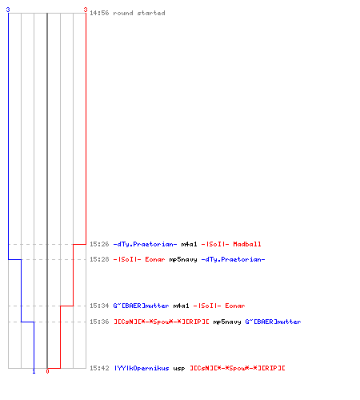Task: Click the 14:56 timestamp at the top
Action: (x=99, y=13)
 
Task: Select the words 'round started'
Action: (x=139, y=13)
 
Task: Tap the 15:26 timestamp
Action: (x=99, y=244)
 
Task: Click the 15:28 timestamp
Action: (x=99, y=259)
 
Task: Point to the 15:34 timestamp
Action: (x=99, y=306)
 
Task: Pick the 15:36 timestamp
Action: (x=99, y=322)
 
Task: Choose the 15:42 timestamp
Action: (x=99, y=368)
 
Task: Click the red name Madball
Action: (x=247, y=244)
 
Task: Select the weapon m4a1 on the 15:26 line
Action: (x=189, y=244)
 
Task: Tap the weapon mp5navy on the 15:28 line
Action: (x=183, y=259)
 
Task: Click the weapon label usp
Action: (x=179, y=369)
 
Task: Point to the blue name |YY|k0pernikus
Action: (x=142, y=368)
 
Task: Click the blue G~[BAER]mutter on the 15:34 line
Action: (x=141, y=306)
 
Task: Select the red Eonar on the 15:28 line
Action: (x=155, y=259)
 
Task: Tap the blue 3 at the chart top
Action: (x=8, y=10)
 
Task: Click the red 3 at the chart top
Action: (x=86, y=10)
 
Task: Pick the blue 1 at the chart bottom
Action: (x=34, y=371)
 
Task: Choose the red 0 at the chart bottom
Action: (x=47, y=371)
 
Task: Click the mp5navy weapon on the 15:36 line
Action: (x=227, y=322)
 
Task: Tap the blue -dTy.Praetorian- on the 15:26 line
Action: (x=145, y=244)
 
